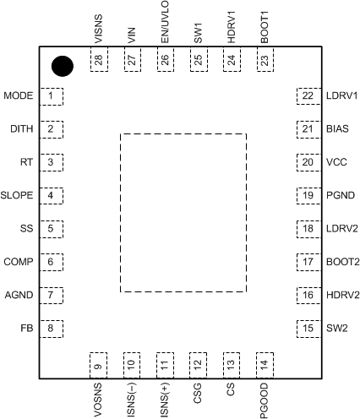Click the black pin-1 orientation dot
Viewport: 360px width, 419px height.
62,66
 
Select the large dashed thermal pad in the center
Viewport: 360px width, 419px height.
183,212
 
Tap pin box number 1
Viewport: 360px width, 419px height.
52,96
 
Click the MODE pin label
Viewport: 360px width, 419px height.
18,96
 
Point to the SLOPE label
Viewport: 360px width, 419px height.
18,195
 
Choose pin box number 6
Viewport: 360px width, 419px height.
52,262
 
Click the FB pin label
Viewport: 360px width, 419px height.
27,328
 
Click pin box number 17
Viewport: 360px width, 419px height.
306,262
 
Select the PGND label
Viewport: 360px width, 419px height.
340,195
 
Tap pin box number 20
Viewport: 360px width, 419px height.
306,162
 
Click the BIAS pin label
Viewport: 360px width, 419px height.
337,129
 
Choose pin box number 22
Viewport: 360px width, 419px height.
306,96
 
